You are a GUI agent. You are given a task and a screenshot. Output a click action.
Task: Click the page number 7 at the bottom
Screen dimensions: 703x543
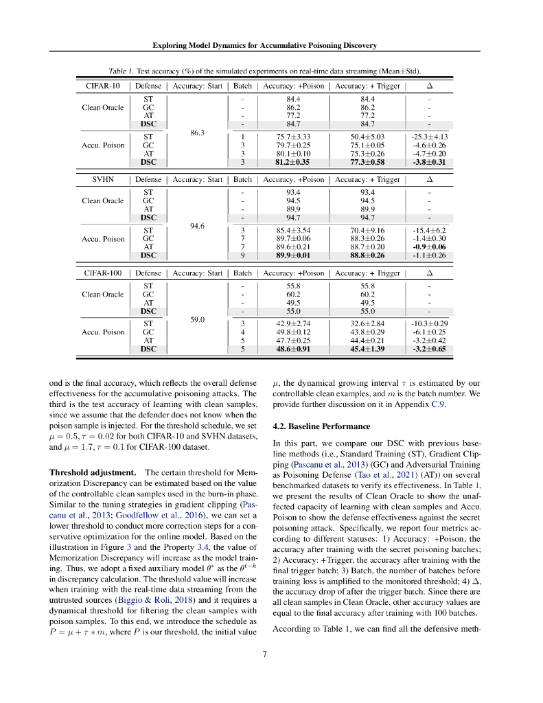tap(264, 654)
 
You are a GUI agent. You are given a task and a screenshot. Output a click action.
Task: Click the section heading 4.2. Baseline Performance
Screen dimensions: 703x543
tap(312, 426)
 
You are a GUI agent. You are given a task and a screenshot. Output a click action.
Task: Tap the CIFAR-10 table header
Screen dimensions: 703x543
tap(102, 86)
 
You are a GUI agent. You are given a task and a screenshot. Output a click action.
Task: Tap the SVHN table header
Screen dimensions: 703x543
tap(102, 179)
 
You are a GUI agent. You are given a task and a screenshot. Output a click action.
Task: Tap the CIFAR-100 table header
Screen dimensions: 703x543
tap(102, 273)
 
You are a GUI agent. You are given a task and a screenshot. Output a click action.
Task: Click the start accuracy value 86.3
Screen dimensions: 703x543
tap(197, 132)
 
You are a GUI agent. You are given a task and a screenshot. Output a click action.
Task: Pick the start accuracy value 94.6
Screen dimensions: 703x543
tap(197, 226)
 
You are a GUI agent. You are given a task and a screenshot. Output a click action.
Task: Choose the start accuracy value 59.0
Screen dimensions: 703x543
tap(197, 319)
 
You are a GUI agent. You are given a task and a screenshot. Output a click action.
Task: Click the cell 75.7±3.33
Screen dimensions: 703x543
tap(294, 137)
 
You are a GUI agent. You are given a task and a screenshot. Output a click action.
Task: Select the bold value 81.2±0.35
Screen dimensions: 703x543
tap(294, 163)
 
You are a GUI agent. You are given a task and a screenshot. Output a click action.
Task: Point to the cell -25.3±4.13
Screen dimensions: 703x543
tap(430, 137)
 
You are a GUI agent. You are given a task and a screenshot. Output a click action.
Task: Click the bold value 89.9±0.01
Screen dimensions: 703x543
tap(294, 255)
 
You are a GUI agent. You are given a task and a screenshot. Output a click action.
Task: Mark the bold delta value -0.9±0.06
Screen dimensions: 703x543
tap(430, 246)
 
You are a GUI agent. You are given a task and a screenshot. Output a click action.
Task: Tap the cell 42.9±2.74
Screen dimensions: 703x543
tap(294, 323)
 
